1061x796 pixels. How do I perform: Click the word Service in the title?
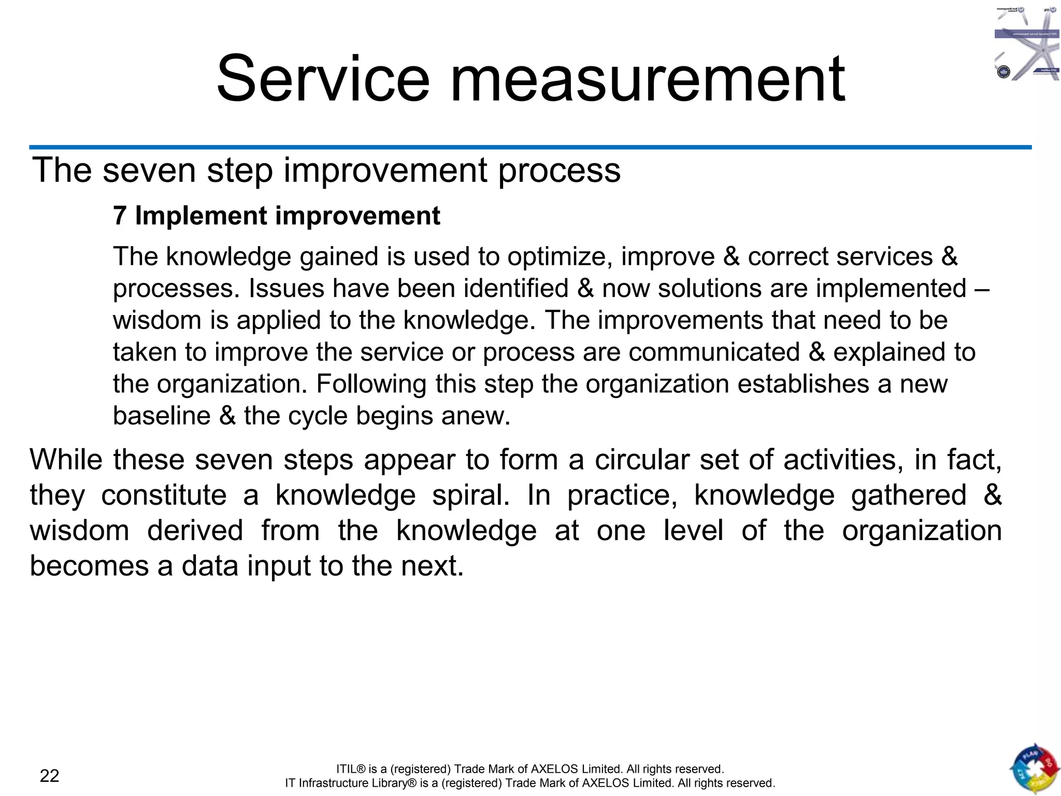[323, 79]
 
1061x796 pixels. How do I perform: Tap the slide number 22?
[50, 776]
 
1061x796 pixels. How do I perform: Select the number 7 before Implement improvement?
[120, 216]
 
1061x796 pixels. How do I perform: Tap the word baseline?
[162, 416]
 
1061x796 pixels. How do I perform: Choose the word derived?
[195, 531]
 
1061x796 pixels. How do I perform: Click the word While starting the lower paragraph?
[66, 460]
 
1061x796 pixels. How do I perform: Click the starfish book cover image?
[1027, 44]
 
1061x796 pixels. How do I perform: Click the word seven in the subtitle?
[149, 170]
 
